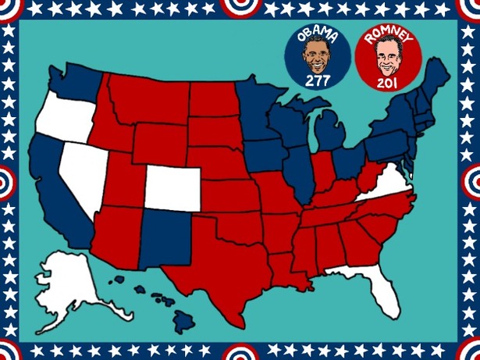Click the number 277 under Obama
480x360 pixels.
(x=318, y=80)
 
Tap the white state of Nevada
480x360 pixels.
(x=84, y=169)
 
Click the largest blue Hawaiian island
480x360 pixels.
(x=183, y=319)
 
